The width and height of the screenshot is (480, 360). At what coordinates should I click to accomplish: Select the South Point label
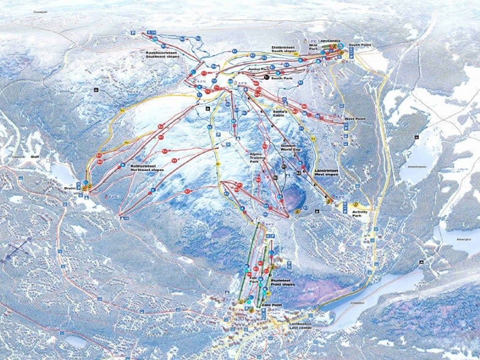pyautogui.click(x=359, y=44)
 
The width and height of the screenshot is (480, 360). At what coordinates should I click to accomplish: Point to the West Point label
pyautogui.click(x=355, y=119)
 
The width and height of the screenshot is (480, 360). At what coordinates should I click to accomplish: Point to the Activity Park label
pyautogui.click(x=360, y=212)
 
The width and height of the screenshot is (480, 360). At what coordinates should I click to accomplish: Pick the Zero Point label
pyautogui.click(x=272, y=305)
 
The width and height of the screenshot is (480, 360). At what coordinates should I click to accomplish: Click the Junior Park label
pyautogui.click(x=259, y=69)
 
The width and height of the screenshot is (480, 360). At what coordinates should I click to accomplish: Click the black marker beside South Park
pyautogui.click(x=266, y=78)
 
